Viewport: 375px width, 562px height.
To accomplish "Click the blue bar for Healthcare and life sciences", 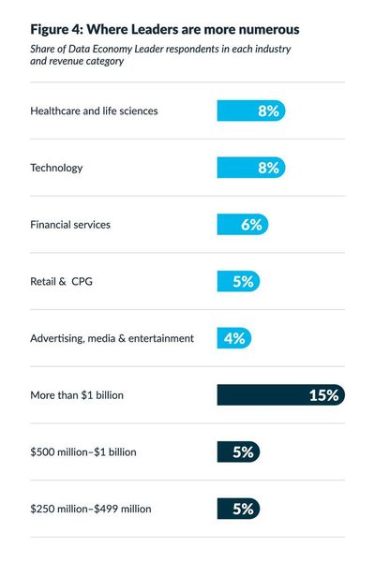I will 250,111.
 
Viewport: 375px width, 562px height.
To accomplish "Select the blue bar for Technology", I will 250,168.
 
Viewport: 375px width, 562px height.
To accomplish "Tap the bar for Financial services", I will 243,225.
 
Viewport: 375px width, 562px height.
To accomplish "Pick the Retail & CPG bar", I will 238,281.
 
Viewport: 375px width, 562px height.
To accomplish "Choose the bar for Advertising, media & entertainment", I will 234,338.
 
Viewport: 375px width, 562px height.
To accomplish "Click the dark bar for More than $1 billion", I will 280,395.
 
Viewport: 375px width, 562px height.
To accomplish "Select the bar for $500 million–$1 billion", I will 238,452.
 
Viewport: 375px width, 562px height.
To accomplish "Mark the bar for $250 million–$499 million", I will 238,509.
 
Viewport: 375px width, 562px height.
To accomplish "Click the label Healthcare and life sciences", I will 94,111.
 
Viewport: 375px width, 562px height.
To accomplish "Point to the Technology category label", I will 56,168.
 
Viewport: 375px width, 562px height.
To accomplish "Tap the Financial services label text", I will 70,225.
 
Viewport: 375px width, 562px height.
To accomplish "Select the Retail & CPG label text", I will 63,281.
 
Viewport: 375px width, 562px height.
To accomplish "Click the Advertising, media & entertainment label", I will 112,338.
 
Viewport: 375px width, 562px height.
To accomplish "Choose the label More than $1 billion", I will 77,395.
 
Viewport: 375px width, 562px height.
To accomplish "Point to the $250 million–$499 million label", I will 90,509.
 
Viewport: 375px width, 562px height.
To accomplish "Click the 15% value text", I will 322,395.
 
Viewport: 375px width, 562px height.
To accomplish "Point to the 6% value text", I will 251,225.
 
